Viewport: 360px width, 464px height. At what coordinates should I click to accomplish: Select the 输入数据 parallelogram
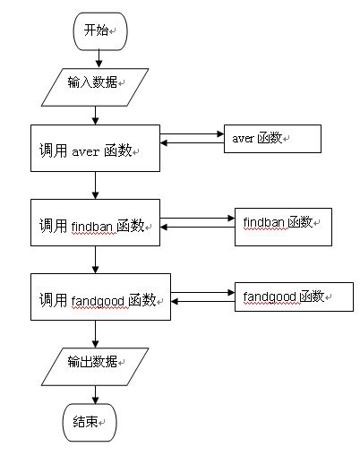coord(96,82)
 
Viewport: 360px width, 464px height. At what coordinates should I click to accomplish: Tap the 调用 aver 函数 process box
coord(95,148)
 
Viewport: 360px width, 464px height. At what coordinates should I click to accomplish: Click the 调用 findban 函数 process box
coord(95,223)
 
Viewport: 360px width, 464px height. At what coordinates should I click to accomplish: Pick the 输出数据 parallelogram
coord(96,363)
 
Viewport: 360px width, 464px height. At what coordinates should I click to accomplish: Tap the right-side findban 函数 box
coord(282,222)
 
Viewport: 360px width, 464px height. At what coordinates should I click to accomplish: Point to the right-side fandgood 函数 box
coord(293,296)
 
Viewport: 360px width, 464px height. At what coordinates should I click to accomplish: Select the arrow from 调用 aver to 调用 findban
coord(96,185)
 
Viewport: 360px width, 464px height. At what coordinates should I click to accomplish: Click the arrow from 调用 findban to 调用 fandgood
coord(96,259)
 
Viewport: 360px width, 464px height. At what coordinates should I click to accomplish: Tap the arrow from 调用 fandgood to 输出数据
coord(96,333)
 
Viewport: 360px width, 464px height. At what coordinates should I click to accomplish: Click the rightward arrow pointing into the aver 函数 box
coord(193,135)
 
